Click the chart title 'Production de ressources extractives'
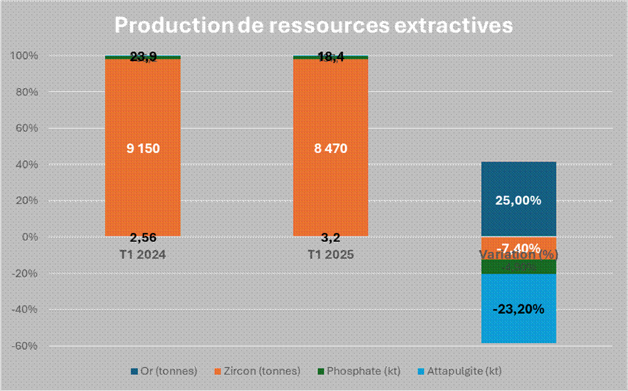pyautogui.click(x=313, y=25)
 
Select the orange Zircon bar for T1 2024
pyautogui.click(x=143, y=105)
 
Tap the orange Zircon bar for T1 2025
pyautogui.click(x=330, y=105)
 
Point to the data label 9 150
pyautogui.click(x=143, y=148)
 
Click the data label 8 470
pyautogui.click(x=330, y=148)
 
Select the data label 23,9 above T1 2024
pyautogui.click(x=143, y=57)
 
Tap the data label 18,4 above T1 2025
pyautogui.click(x=330, y=57)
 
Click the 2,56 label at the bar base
pyautogui.click(x=143, y=237)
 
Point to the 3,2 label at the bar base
pyautogui.click(x=330, y=237)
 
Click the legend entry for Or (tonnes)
pyautogui.click(x=165, y=371)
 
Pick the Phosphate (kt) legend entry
pyautogui.click(x=358, y=371)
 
